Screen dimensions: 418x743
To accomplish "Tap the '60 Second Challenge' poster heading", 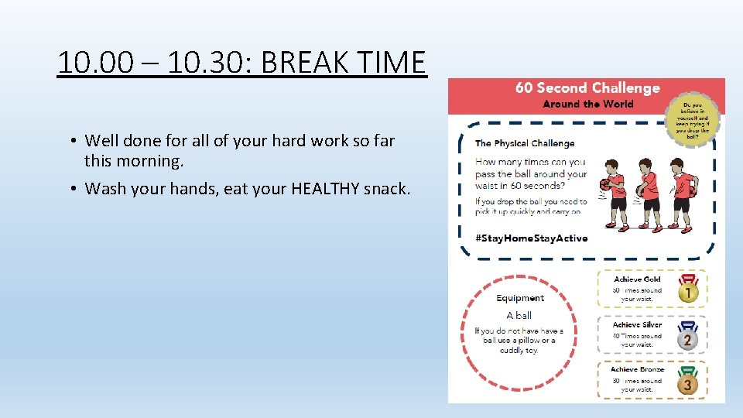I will pyautogui.click(x=587, y=88).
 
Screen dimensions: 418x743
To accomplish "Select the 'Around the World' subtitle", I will pyautogui.click(x=588, y=104).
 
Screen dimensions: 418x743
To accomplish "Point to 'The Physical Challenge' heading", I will pyautogui.click(x=525, y=143).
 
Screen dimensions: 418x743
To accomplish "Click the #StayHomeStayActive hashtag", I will pyautogui.click(x=531, y=238).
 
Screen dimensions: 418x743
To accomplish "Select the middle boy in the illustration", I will pyautogui.click(x=647, y=194).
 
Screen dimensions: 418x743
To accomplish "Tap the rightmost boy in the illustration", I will pyautogui.click(x=681, y=194).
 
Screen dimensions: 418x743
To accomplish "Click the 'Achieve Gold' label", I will pyautogui.click(x=637, y=279).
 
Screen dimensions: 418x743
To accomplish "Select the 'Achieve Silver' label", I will pyautogui.click(x=637, y=325).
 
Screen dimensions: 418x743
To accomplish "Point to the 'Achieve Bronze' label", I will pyautogui.click(x=637, y=370).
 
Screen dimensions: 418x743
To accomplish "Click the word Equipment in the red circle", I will pyautogui.click(x=520, y=298).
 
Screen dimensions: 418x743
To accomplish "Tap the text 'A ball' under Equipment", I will pyautogui.click(x=519, y=315).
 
